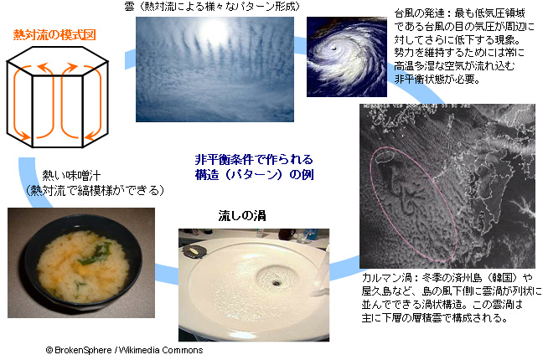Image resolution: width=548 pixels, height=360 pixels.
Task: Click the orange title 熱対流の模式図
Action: coord(54,35)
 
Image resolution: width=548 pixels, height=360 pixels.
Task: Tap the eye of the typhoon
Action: coord(334,48)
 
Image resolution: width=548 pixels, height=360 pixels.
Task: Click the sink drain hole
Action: coord(277,282)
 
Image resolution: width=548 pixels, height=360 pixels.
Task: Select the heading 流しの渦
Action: coord(242,216)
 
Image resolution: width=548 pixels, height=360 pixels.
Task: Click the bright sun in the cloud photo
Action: coord(214,28)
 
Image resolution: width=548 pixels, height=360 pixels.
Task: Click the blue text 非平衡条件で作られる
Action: coord(254,160)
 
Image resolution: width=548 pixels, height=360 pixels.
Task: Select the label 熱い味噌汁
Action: coord(71,175)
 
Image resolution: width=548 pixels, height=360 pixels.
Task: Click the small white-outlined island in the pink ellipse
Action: coord(386,156)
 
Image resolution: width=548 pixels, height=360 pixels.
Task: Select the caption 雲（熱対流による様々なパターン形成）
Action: coord(212,7)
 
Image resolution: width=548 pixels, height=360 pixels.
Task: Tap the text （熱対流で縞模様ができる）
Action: coord(95,190)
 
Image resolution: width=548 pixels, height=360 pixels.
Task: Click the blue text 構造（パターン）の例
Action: coord(255,175)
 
